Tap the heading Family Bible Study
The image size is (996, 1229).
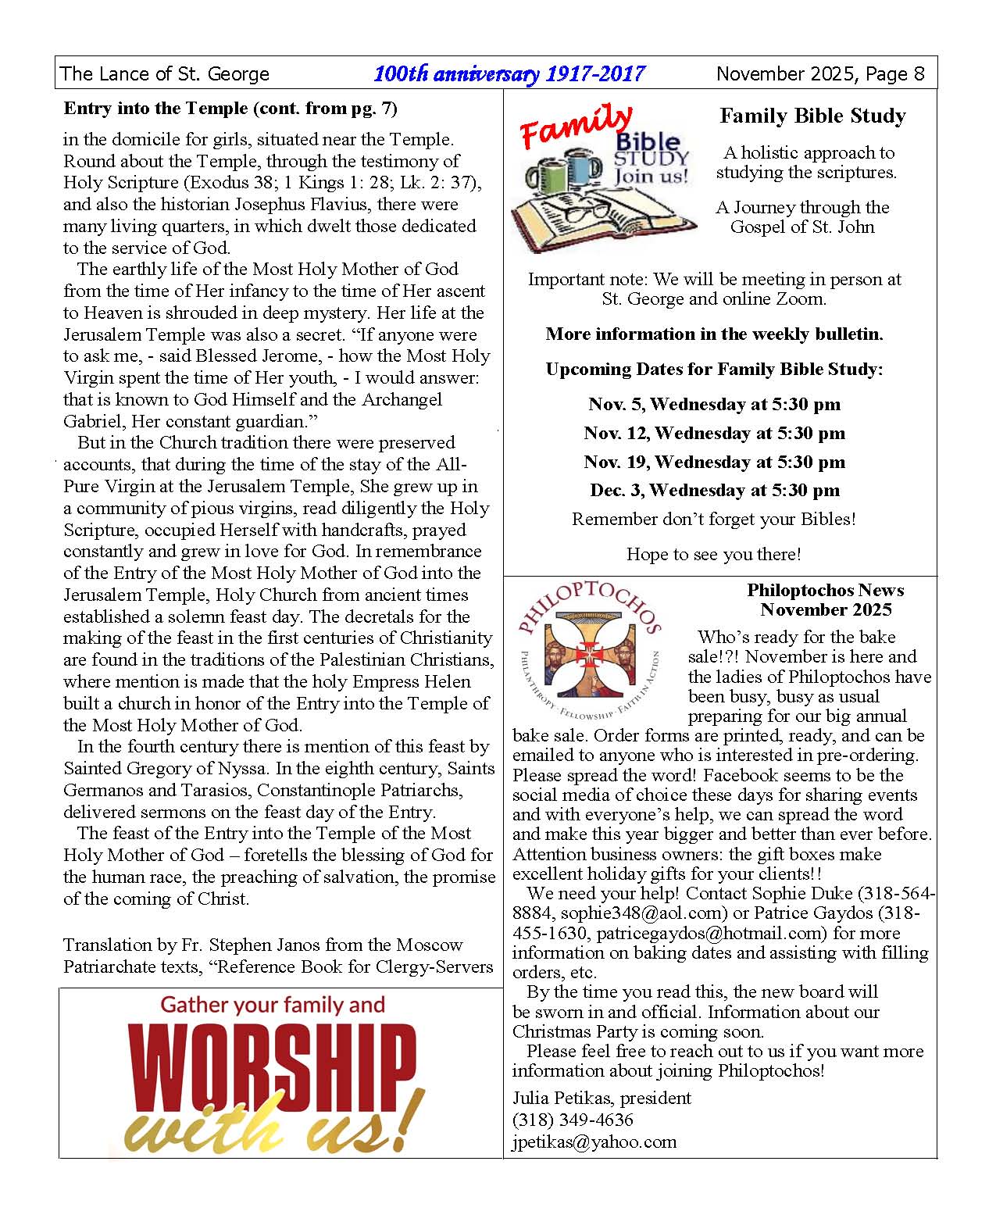[812, 116]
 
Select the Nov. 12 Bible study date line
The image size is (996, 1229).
[714, 433]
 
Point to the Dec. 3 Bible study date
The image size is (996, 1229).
[714, 491]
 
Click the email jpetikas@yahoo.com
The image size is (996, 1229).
[594, 1141]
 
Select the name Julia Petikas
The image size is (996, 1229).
[562, 1098]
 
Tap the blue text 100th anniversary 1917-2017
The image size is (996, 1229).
[509, 74]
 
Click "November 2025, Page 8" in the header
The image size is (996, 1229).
[820, 74]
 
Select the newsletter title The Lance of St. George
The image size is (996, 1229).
[165, 74]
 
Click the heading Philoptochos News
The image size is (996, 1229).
[825, 591]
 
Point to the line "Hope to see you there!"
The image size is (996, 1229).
[713, 555]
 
